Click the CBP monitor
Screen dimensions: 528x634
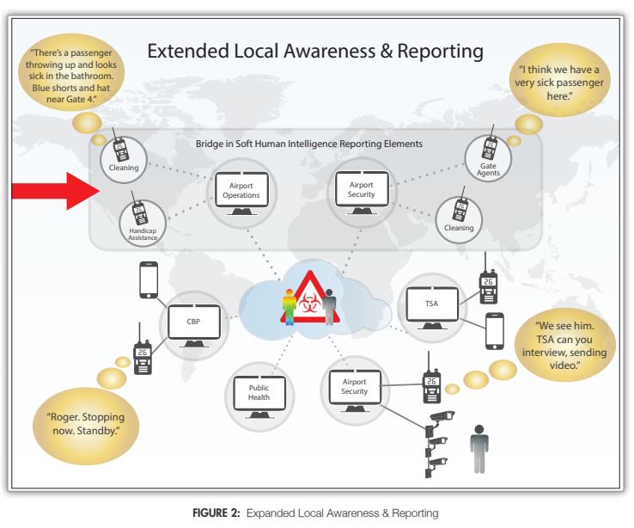point(194,323)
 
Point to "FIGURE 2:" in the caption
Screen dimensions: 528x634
point(221,513)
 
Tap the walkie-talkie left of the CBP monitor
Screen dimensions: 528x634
point(142,353)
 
